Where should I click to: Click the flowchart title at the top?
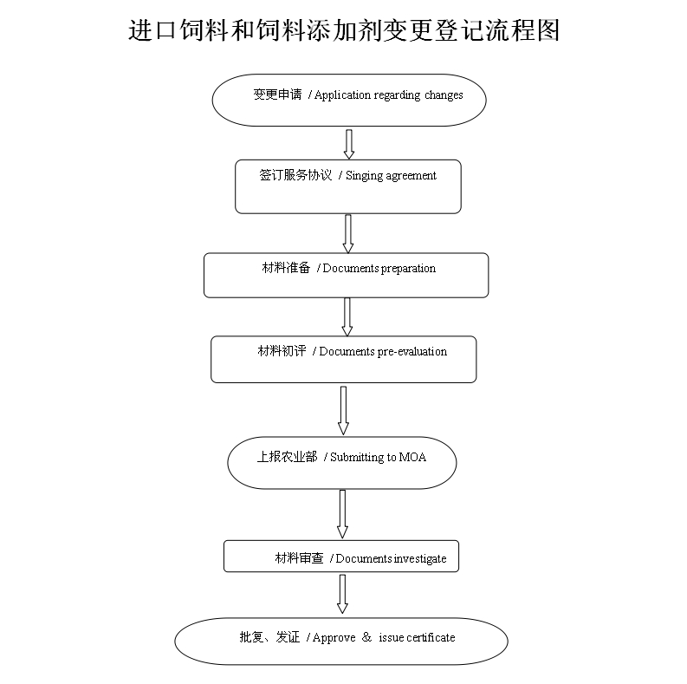[344, 30]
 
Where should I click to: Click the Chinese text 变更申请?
[276, 94]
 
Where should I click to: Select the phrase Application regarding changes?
[388, 95]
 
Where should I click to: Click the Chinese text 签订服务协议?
[295, 175]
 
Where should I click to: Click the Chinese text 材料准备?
[286, 269]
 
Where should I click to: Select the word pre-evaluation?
[412, 351]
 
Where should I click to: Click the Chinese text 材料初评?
[281, 351]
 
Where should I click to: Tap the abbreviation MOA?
[412, 457]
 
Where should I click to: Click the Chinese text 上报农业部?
[286, 457]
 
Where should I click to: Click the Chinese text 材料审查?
[299, 558]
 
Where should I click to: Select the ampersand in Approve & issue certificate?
[366, 637]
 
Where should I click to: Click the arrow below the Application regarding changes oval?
[349, 144]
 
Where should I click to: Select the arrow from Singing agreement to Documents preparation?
[348, 233]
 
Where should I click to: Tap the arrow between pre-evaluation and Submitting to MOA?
[343, 410]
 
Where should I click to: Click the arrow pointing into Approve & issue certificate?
[342, 594]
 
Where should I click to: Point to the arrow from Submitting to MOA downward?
[342, 513]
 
